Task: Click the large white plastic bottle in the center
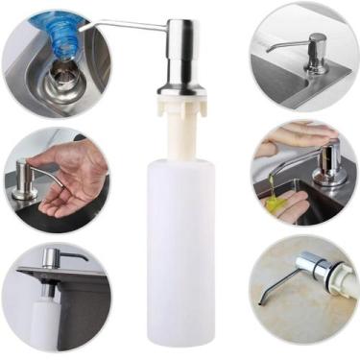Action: pos(180,250)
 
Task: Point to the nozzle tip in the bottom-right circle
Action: pos(260,302)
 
